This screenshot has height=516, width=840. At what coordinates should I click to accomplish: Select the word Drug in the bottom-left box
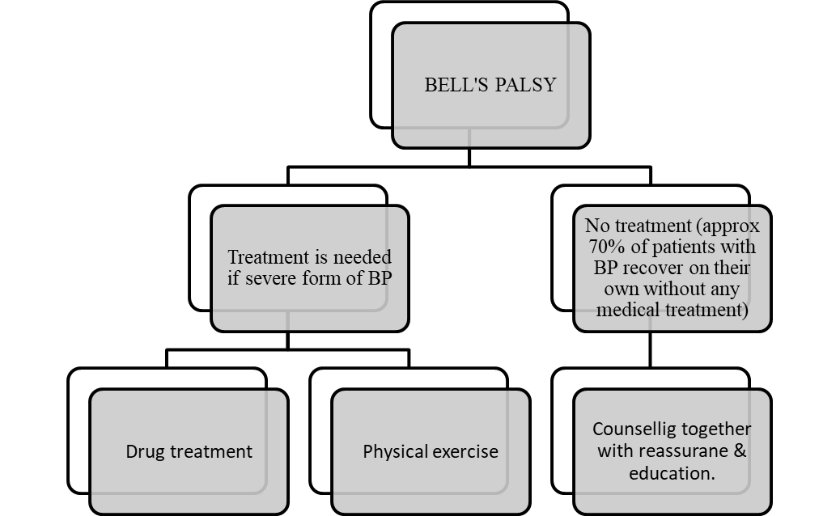click(x=146, y=451)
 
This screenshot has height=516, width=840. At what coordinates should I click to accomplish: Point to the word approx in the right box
click(x=731, y=225)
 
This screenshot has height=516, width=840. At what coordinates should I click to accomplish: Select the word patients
click(x=691, y=246)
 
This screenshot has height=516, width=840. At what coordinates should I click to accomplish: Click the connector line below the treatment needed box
click(x=289, y=319)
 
